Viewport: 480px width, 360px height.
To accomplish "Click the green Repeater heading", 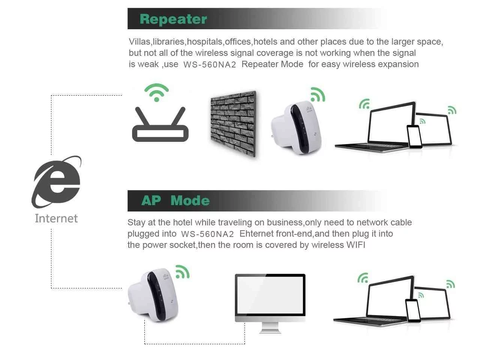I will (x=173, y=19).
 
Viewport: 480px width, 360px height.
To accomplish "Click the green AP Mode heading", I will (x=175, y=201).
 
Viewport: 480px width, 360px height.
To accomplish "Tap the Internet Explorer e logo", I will (x=57, y=182).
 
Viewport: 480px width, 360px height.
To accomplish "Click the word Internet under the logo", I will (x=56, y=218).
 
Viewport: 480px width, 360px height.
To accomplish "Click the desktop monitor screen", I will (x=270, y=294).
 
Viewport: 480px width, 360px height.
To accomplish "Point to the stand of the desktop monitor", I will (x=270, y=327).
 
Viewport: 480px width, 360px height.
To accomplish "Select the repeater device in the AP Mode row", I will (x=153, y=295).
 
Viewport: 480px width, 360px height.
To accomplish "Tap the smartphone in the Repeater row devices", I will (x=414, y=136).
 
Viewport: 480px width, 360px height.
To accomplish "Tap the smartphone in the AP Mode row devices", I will (x=413, y=310).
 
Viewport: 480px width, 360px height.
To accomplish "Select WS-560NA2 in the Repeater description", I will (x=210, y=64).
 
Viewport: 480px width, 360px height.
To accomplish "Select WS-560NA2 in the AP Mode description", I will (x=207, y=234).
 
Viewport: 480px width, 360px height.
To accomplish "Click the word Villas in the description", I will (x=139, y=42).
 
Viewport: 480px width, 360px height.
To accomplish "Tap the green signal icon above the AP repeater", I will (x=183, y=272).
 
